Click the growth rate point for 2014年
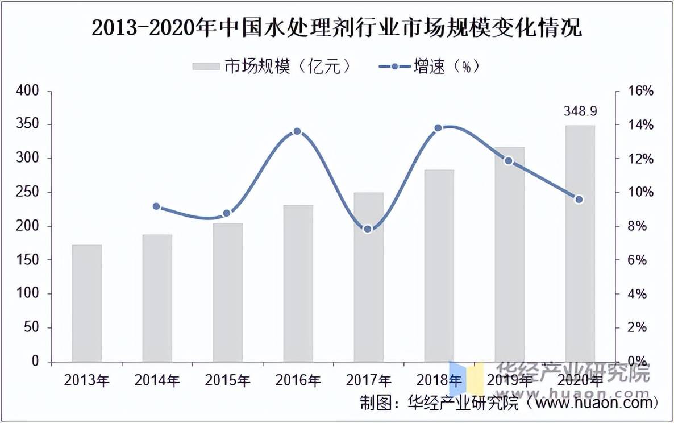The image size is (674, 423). pyautogui.click(x=157, y=206)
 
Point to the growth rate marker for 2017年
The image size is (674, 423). pyautogui.click(x=368, y=229)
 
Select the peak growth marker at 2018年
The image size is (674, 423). pyautogui.click(x=438, y=128)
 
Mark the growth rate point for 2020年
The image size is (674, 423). pyautogui.click(x=579, y=200)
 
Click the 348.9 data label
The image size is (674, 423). pyautogui.click(x=580, y=111)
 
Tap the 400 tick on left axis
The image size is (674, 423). pyautogui.click(x=28, y=91)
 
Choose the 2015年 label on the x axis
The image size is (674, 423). pyautogui.click(x=227, y=380)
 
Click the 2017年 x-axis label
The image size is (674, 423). pyautogui.click(x=368, y=380)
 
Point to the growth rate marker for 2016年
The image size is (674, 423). pyautogui.click(x=297, y=131)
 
